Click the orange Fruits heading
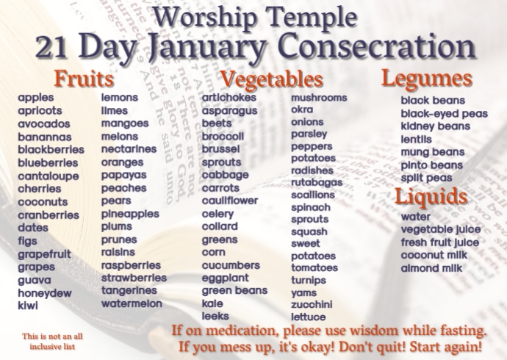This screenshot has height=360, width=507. (x=84, y=79)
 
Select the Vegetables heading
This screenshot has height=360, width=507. (x=271, y=79)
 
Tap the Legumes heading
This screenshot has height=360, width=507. (x=426, y=79)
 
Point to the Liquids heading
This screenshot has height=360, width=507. (x=431, y=197)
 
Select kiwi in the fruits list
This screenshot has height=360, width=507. (x=28, y=306)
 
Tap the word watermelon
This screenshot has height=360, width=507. (x=132, y=303)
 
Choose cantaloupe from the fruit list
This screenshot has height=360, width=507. (x=48, y=176)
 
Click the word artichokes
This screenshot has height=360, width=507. (x=229, y=98)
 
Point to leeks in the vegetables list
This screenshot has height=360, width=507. (x=215, y=316)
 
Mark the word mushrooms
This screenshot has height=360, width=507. (x=319, y=98)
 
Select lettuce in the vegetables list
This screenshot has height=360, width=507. (x=309, y=317)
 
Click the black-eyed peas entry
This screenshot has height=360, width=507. (x=444, y=114)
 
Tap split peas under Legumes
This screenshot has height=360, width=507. (x=426, y=179)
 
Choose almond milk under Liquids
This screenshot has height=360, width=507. (x=431, y=269)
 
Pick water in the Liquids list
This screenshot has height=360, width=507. (x=415, y=217)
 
